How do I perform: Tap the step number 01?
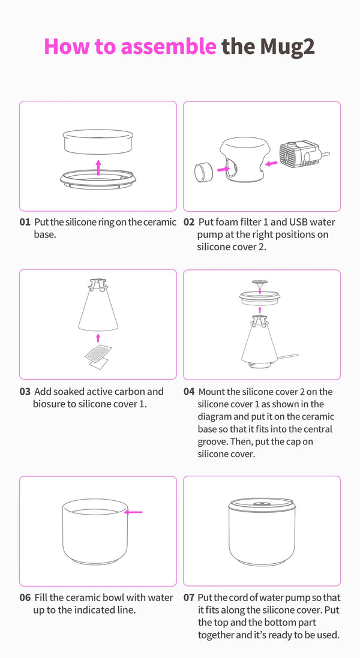coord(25,222)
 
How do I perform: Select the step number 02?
coord(189,222)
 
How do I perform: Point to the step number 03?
coord(25,392)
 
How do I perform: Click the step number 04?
coord(189,392)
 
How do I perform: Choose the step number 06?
coord(25,597)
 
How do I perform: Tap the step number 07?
coord(189,597)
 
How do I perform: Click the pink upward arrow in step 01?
coord(98,167)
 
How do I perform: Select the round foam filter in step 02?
coord(204,172)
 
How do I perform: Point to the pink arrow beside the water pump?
coord(271,163)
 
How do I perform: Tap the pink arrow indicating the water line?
coord(134,512)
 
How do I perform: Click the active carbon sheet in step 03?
coord(98,354)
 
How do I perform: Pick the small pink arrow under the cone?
coord(98,338)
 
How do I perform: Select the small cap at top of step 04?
coord(260,283)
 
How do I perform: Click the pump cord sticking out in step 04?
coord(288,357)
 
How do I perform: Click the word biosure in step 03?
coord(50,404)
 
